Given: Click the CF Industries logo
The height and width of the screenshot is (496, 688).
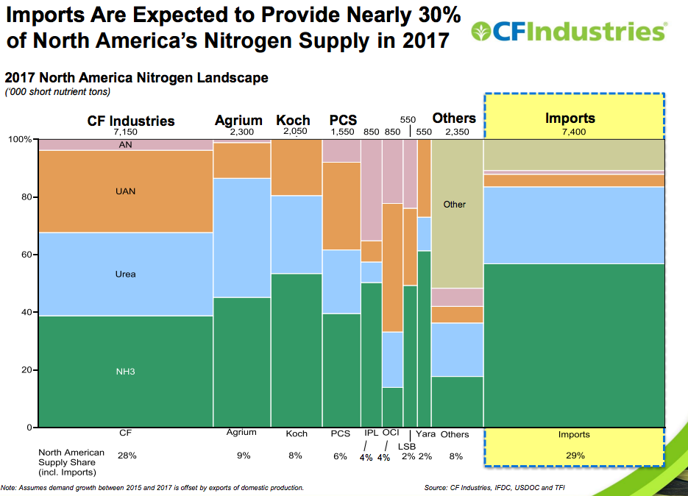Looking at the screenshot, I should tap(570, 31).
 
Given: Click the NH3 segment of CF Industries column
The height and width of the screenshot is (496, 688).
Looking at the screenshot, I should tap(126, 372).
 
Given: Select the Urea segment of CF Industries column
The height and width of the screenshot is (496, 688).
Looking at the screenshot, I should tap(126, 274).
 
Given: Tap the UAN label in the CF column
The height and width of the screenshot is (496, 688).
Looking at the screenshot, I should tap(126, 191).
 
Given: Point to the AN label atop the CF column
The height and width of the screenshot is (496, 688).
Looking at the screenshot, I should tap(126, 145).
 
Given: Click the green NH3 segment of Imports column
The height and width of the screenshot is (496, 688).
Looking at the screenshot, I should tap(574, 346).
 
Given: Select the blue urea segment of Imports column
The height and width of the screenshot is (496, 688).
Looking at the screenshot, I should tap(574, 224).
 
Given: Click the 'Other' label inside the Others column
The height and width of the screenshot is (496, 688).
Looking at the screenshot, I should tap(455, 204).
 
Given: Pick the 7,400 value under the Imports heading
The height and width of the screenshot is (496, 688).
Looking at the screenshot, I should tap(570, 132).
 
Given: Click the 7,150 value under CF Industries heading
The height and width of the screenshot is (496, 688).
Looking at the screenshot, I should tap(126, 132).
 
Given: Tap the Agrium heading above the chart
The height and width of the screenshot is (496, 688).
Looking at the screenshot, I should tap(238, 120).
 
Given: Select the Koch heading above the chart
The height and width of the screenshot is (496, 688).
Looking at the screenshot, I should tap(293, 120).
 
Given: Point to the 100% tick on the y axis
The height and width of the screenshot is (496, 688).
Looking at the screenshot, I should tap(20, 139).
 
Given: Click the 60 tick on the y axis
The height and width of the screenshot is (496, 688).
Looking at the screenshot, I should tap(26, 255).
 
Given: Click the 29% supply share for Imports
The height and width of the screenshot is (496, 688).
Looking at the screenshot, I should tap(574, 456).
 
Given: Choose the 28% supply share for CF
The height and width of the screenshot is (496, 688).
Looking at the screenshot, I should tap(127, 456).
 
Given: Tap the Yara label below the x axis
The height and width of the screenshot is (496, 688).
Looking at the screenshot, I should tap(425, 434).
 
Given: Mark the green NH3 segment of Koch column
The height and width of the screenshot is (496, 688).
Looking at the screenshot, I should tap(297, 350).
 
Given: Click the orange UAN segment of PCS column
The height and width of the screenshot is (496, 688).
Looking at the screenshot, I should tap(341, 206).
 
